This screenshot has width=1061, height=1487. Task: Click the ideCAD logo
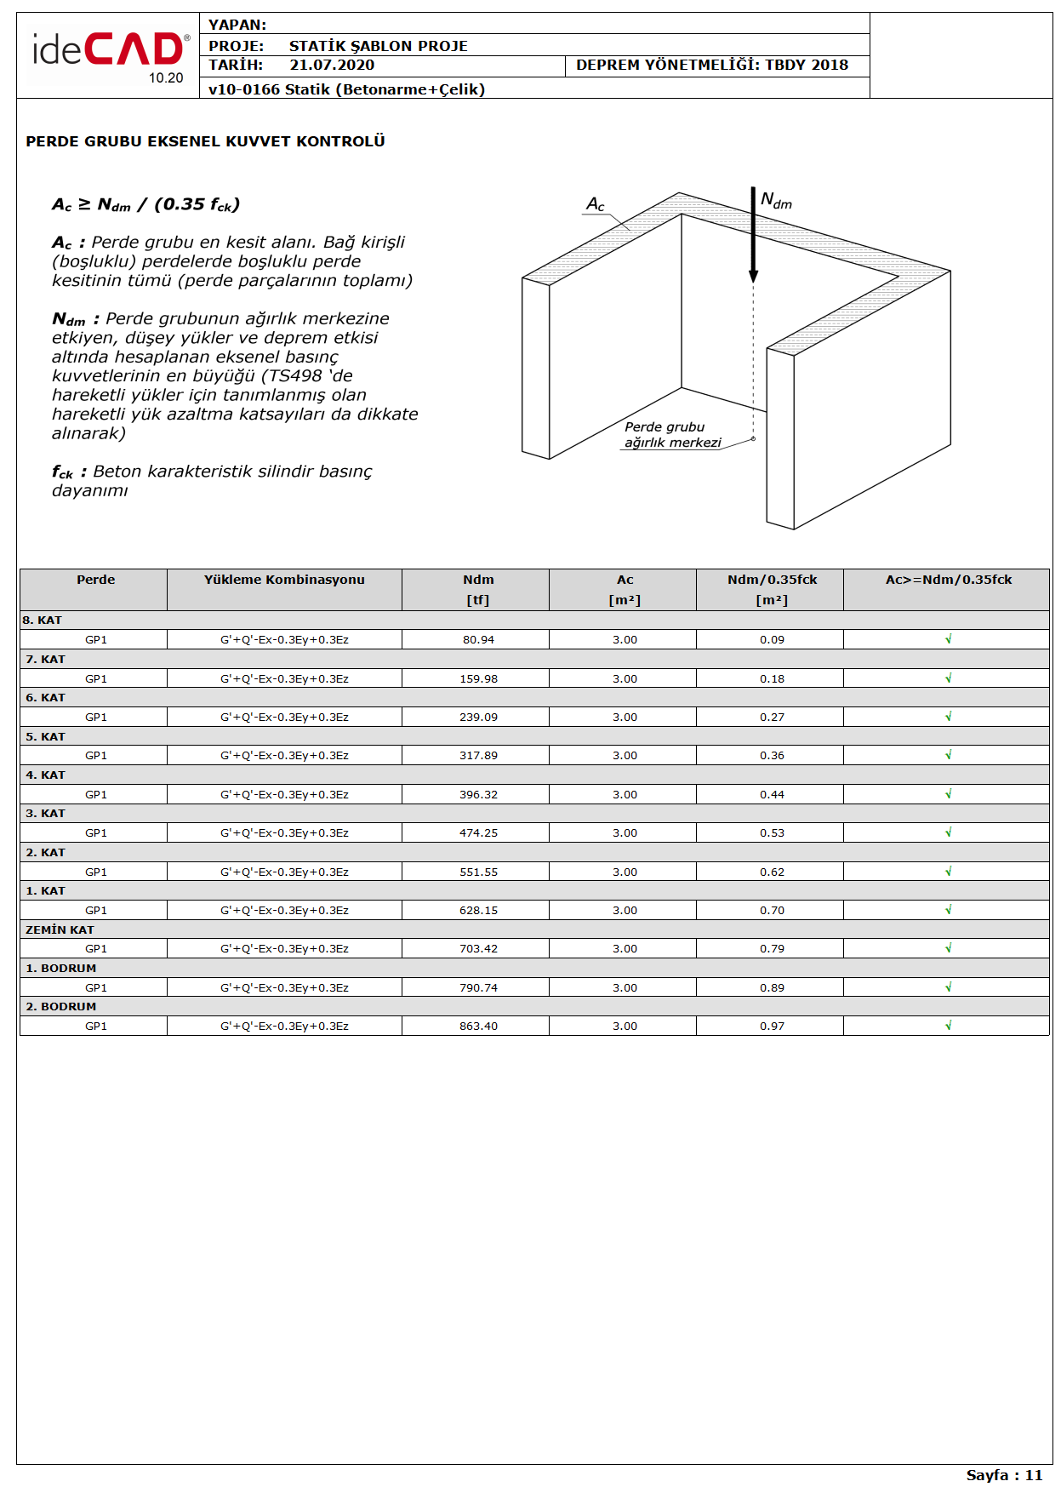(109, 52)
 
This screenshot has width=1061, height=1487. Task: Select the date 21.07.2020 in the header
(332, 66)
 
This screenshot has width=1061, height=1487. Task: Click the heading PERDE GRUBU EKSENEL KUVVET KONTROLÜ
(205, 141)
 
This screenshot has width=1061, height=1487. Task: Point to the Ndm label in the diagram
(776, 201)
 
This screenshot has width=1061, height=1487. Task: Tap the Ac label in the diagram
(595, 204)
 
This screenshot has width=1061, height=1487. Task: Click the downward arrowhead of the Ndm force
(753, 276)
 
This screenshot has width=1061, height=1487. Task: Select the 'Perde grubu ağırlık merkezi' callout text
(672, 435)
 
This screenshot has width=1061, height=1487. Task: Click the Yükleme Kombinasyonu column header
(284, 580)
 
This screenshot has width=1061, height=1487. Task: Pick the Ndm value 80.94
(478, 640)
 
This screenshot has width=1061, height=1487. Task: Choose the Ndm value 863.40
(478, 1027)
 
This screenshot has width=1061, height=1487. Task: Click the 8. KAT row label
(43, 621)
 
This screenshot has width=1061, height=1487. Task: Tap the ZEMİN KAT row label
(60, 930)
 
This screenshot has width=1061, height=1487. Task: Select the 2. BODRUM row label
(60, 1007)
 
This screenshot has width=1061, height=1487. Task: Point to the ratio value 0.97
(772, 1027)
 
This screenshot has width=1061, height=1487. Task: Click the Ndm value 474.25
(478, 833)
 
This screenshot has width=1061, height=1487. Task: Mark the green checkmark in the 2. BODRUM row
(948, 1026)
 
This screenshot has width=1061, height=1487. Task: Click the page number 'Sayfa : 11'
(1004, 1475)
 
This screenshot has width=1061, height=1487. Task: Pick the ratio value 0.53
(772, 833)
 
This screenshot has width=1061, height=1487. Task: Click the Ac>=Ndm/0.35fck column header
(948, 580)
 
